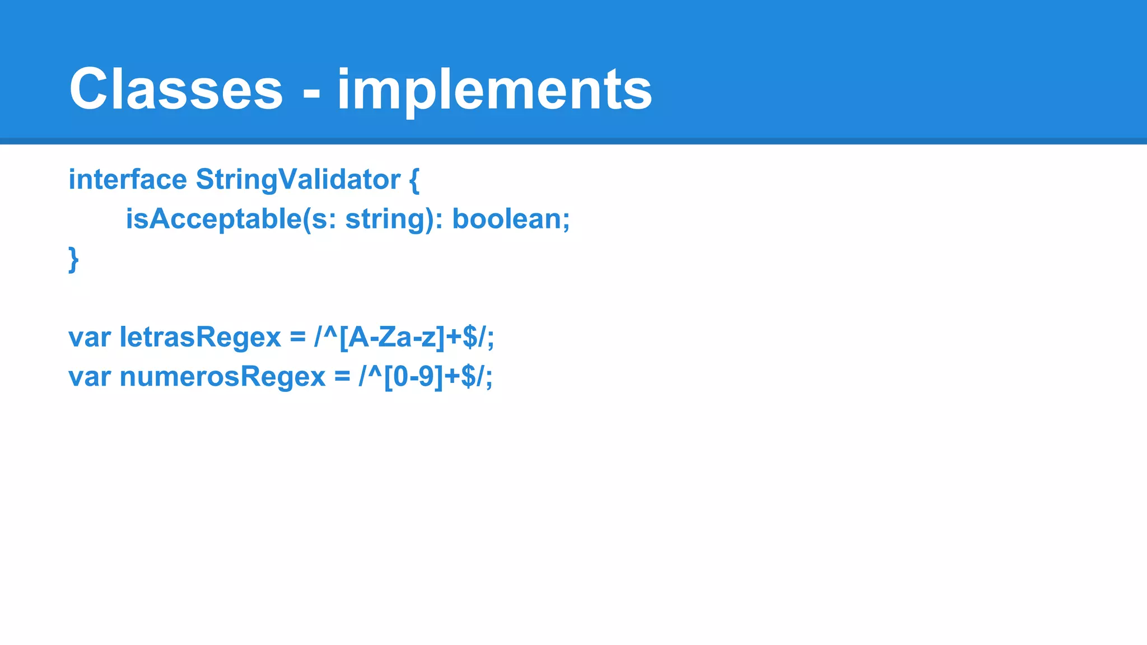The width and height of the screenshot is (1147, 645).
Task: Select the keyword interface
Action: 128,180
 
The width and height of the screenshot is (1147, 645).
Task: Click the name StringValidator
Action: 298,180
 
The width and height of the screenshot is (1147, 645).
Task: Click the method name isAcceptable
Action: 213,219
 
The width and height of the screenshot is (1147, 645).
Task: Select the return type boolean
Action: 506,219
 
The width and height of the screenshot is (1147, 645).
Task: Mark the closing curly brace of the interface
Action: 73,259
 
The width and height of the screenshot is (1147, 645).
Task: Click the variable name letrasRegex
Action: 200,338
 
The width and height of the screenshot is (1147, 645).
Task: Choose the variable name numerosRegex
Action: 222,377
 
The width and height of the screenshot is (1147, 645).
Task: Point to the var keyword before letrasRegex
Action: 89,338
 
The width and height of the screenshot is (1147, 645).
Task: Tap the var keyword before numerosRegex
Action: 89,377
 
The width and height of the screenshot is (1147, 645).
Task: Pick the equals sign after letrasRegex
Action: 297,338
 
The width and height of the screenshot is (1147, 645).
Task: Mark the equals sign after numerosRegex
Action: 342,377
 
